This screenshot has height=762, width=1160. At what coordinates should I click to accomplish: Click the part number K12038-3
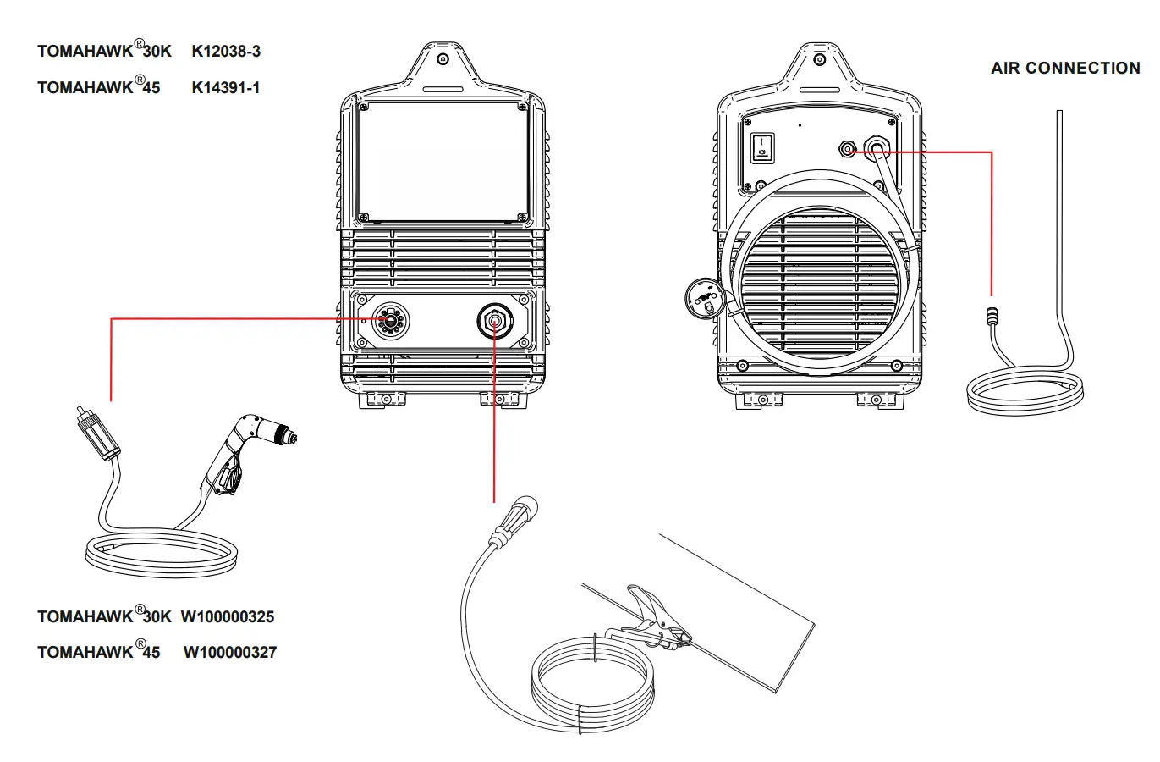point(226,52)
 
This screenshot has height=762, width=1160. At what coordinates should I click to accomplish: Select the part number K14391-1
point(226,87)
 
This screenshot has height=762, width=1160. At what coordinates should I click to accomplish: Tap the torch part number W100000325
point(228,617)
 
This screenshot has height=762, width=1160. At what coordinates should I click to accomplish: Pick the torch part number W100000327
point(230,653)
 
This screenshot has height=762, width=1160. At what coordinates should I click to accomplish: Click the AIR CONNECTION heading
point(1065,69)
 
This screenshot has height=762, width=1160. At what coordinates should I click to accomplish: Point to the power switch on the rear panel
point(763,147)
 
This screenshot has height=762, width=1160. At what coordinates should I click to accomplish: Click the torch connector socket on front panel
point(389,320)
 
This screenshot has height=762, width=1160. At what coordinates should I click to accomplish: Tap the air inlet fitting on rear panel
point(847,150)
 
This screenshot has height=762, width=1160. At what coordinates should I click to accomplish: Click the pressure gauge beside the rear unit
point(703,298)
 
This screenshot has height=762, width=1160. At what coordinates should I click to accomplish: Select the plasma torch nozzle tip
point(292,437)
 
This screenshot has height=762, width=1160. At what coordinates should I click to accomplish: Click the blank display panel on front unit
point(443,161)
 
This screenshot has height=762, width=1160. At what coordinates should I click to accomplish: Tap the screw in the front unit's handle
point(443,59)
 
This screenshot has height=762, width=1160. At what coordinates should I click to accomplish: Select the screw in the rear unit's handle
point(820,59)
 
